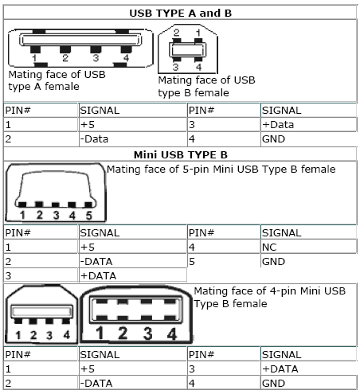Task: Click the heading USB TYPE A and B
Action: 181,13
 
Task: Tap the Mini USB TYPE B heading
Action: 181,154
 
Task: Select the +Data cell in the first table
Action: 278,125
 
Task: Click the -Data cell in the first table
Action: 94,139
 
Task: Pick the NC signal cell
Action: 269,248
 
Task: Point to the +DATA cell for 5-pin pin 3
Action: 98,276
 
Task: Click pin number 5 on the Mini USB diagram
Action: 89,215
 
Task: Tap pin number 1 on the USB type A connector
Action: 34,58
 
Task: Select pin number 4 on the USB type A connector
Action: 126,58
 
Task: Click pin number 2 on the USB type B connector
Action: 177,33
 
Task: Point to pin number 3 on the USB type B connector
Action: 175,67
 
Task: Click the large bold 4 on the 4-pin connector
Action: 172,333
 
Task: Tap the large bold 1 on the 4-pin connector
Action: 100,333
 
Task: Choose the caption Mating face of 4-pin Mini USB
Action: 269,291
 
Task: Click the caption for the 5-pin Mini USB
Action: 221,170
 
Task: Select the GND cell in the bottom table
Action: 273,384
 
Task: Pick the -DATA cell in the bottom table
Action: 96,384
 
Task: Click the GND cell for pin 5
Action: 273,262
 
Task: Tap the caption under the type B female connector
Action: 206,87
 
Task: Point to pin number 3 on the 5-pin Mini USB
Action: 56,215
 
